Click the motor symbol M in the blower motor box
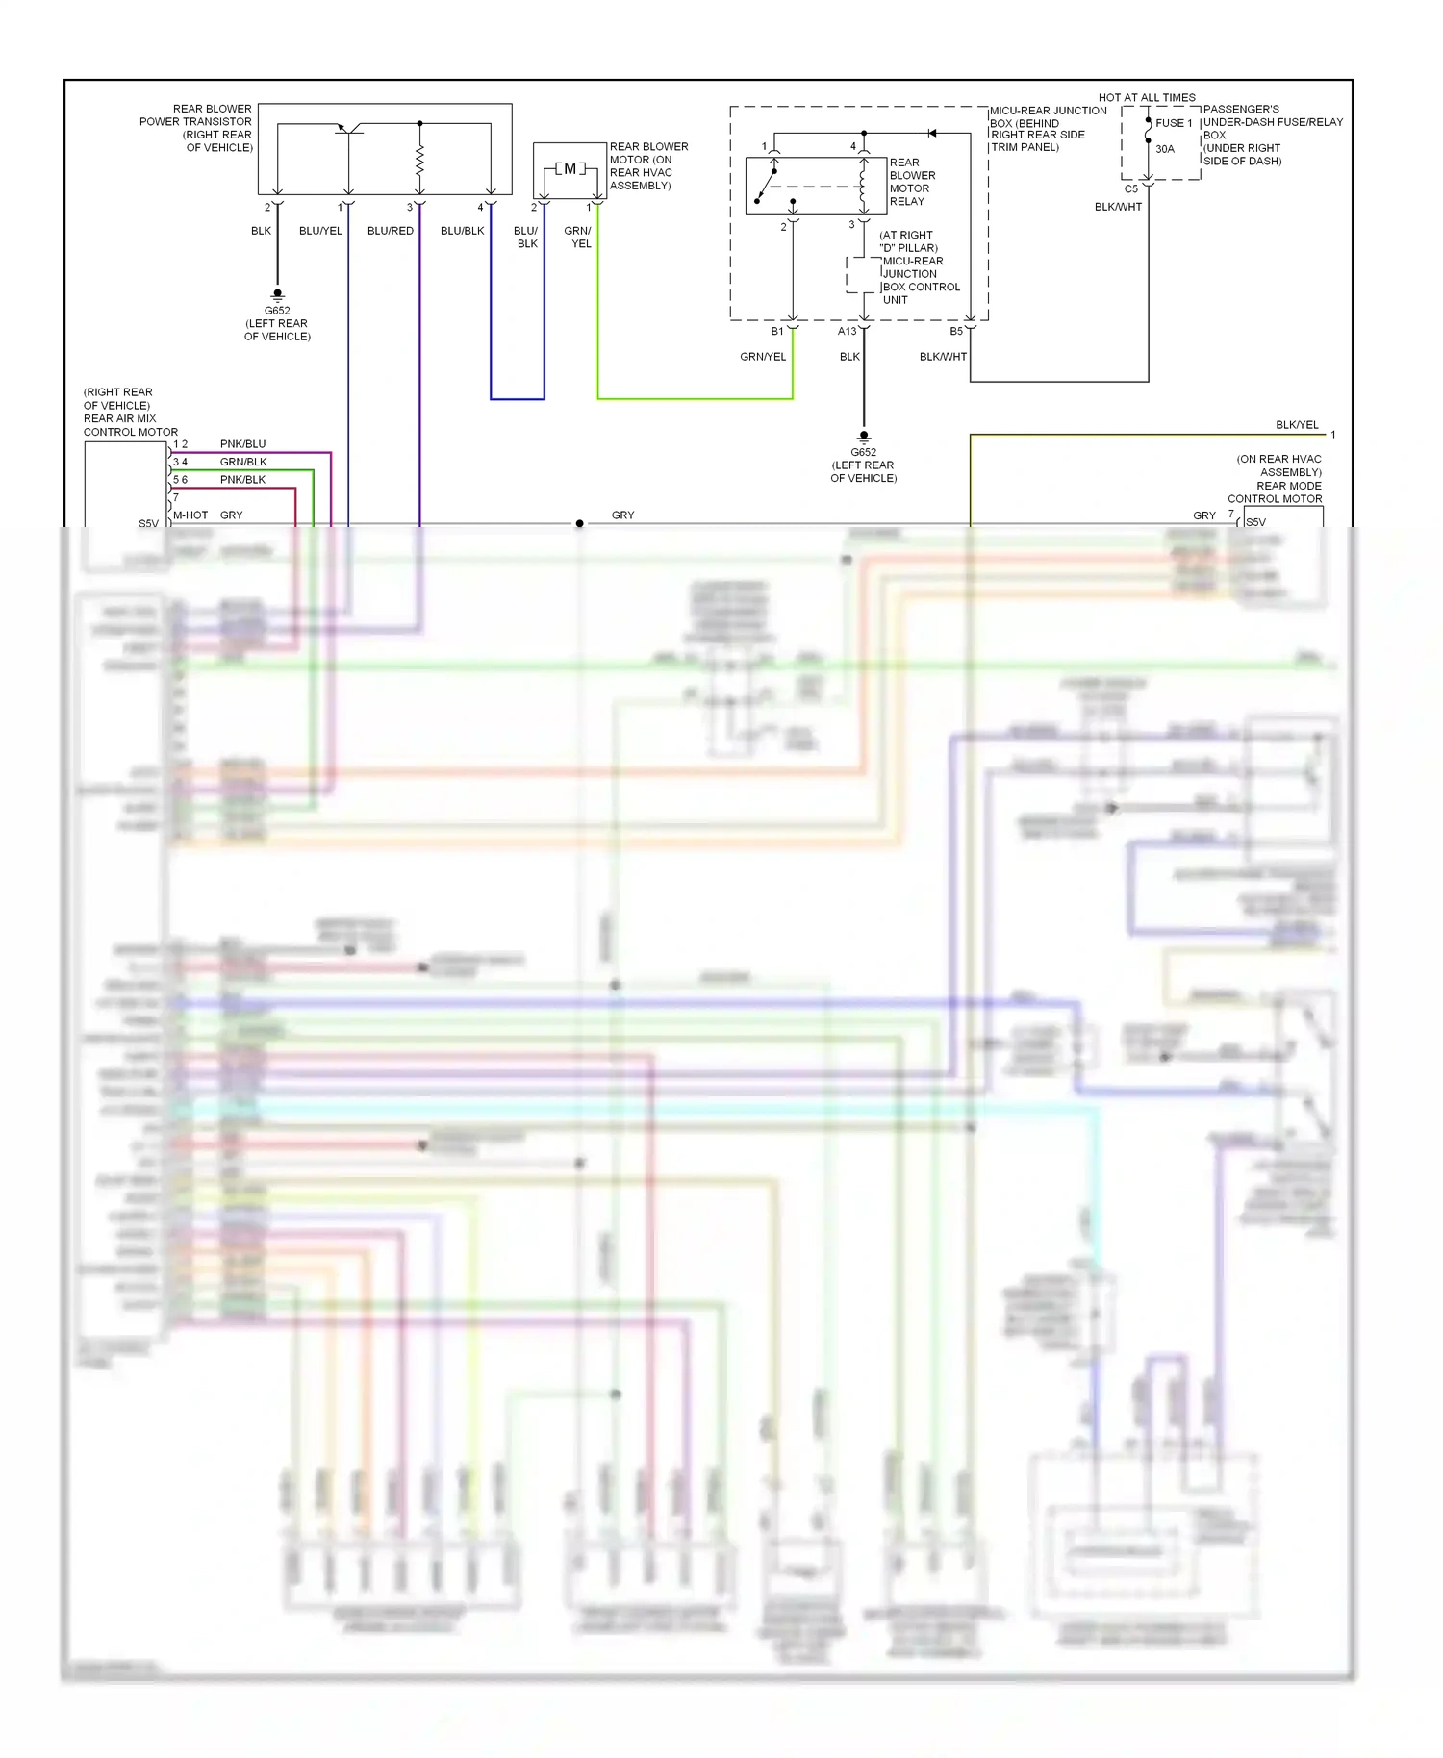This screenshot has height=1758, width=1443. coord(570,169)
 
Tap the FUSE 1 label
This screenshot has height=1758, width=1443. coord(1173,123)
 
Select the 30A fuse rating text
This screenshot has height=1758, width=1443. coord(1165,149)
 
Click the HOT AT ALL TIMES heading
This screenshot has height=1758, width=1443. coord(1147,97)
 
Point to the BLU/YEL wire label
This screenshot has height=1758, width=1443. coord(320,231)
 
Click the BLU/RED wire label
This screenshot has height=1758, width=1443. coord(391,231)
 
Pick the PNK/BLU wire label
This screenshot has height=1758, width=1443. coord(242,444)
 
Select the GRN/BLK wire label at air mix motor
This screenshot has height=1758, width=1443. coord(243,462)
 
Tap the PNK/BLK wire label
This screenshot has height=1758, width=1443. coord(242,480)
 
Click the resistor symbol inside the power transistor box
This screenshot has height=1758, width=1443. coord(419,161)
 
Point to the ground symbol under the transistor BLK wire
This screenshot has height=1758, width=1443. coord(277,295)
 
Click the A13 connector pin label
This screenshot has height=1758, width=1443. coord(847,331)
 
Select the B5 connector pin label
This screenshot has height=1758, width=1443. coord(956,331)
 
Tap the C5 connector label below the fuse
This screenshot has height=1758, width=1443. coord(1131,189)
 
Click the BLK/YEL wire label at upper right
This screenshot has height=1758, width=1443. coord(1297,425)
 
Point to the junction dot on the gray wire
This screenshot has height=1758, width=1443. coord(579,524)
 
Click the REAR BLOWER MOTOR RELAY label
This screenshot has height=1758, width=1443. coord(911,182)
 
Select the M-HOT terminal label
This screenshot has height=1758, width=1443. coord(190,515)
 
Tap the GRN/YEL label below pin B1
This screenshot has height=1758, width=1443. coord(763,357)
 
